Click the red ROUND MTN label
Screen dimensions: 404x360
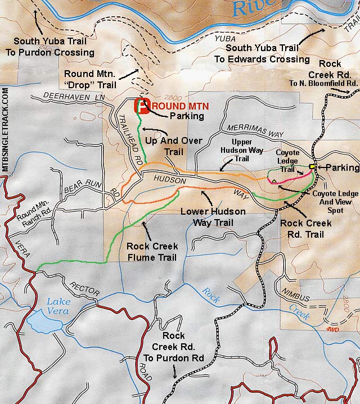180,106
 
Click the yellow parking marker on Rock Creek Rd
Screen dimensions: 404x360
312,167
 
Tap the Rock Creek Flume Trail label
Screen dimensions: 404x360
152,252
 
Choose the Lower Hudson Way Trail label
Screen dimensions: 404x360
213,217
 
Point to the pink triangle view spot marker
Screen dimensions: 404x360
274,181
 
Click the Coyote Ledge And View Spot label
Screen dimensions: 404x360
327,198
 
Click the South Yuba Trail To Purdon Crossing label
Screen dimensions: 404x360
54,47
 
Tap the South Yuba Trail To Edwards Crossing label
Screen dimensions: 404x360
262,53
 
